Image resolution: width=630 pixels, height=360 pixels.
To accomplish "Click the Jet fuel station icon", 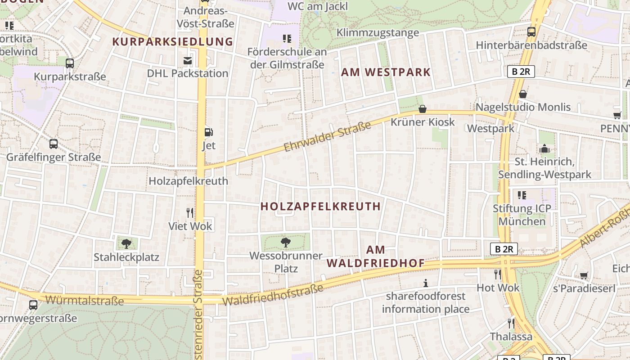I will click(x=209, y=132).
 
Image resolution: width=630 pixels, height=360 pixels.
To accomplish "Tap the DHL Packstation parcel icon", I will click(x=187, y=61).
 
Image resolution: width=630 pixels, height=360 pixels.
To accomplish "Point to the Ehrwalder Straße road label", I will click(x=328, y=136).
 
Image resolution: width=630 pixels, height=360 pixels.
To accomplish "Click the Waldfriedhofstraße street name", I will click(x=273, y=295).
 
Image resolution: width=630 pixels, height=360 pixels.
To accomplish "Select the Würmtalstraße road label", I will click(x=84, y=300).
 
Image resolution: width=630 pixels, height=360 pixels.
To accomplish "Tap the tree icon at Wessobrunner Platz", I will click(x=285, y=243).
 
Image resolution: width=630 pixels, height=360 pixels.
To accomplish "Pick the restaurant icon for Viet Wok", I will click(x=190, y=212).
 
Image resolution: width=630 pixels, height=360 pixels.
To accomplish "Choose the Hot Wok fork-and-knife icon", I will click(x=498, y=274).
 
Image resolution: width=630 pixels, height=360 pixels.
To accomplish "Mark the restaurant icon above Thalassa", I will click(x=511, y=323).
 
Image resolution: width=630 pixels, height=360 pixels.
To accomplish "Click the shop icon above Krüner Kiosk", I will click(x=422, y=109).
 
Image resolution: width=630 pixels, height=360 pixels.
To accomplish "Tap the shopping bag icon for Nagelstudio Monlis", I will click(x=523, y=94).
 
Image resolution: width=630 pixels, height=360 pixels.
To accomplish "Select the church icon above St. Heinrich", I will click(x=544, y=148).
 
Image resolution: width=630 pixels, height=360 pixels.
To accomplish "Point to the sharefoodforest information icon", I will click(x=425, y=283).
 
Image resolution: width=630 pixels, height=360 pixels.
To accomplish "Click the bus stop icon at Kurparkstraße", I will click(x=69, y=63).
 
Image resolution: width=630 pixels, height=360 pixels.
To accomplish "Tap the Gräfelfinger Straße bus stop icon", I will click(x=54, y=144).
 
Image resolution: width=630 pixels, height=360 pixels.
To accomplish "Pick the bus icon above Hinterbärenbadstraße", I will click(x=531, y=32).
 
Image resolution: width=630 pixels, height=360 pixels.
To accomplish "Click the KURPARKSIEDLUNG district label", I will click(x=173, y=42).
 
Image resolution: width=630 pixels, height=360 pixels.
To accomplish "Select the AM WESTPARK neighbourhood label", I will click(x=386, y=72).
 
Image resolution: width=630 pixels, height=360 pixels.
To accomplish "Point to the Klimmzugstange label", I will click(x=378, y=32).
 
